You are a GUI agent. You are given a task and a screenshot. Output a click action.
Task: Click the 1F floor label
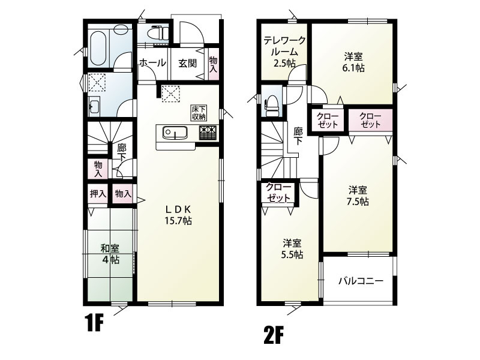[94, 323]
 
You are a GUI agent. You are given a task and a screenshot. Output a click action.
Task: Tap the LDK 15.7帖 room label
[178, 215]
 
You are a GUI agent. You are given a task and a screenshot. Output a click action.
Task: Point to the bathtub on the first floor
[98, 49]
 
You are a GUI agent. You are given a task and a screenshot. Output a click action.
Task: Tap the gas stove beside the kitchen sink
[208, 133]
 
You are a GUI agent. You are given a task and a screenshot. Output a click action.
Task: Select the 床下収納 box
[199, 113]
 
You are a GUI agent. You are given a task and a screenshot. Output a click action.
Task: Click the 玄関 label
[187, 64]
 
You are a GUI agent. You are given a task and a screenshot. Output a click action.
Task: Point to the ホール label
[152, 63]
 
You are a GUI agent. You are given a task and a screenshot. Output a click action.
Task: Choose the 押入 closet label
[98, 193]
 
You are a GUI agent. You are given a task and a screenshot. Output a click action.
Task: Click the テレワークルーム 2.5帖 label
[284, 52]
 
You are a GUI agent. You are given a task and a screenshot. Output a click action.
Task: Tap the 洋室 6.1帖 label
[353, 62]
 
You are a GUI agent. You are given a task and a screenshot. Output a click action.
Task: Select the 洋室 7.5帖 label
[358, 196]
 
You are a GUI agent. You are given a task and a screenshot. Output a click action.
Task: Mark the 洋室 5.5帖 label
[292, 249]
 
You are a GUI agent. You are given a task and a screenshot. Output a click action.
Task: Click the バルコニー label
[361, 281]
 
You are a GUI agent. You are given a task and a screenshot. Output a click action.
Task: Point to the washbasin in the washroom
[94, 107]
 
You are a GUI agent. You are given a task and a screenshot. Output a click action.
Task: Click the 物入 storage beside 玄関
[214, 64]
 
